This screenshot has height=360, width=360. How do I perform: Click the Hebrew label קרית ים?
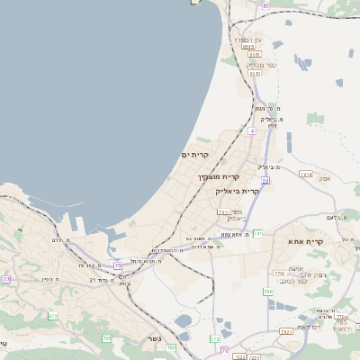(194, 155)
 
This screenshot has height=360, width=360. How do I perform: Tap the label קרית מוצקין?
(219, 176)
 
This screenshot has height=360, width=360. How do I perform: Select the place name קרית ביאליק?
(237, 191)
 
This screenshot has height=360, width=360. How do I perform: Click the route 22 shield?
(265, 180)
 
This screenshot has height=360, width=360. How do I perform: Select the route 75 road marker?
(117, 265)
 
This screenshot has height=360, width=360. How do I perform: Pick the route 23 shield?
(6, 279)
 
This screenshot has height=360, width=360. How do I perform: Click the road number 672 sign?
(52, 316)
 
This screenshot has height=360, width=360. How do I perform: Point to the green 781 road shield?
(257, 233)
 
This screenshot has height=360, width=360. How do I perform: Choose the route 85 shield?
(265, 5)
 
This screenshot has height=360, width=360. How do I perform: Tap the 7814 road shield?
(306, 174)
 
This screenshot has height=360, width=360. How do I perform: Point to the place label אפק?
(325, 178)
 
